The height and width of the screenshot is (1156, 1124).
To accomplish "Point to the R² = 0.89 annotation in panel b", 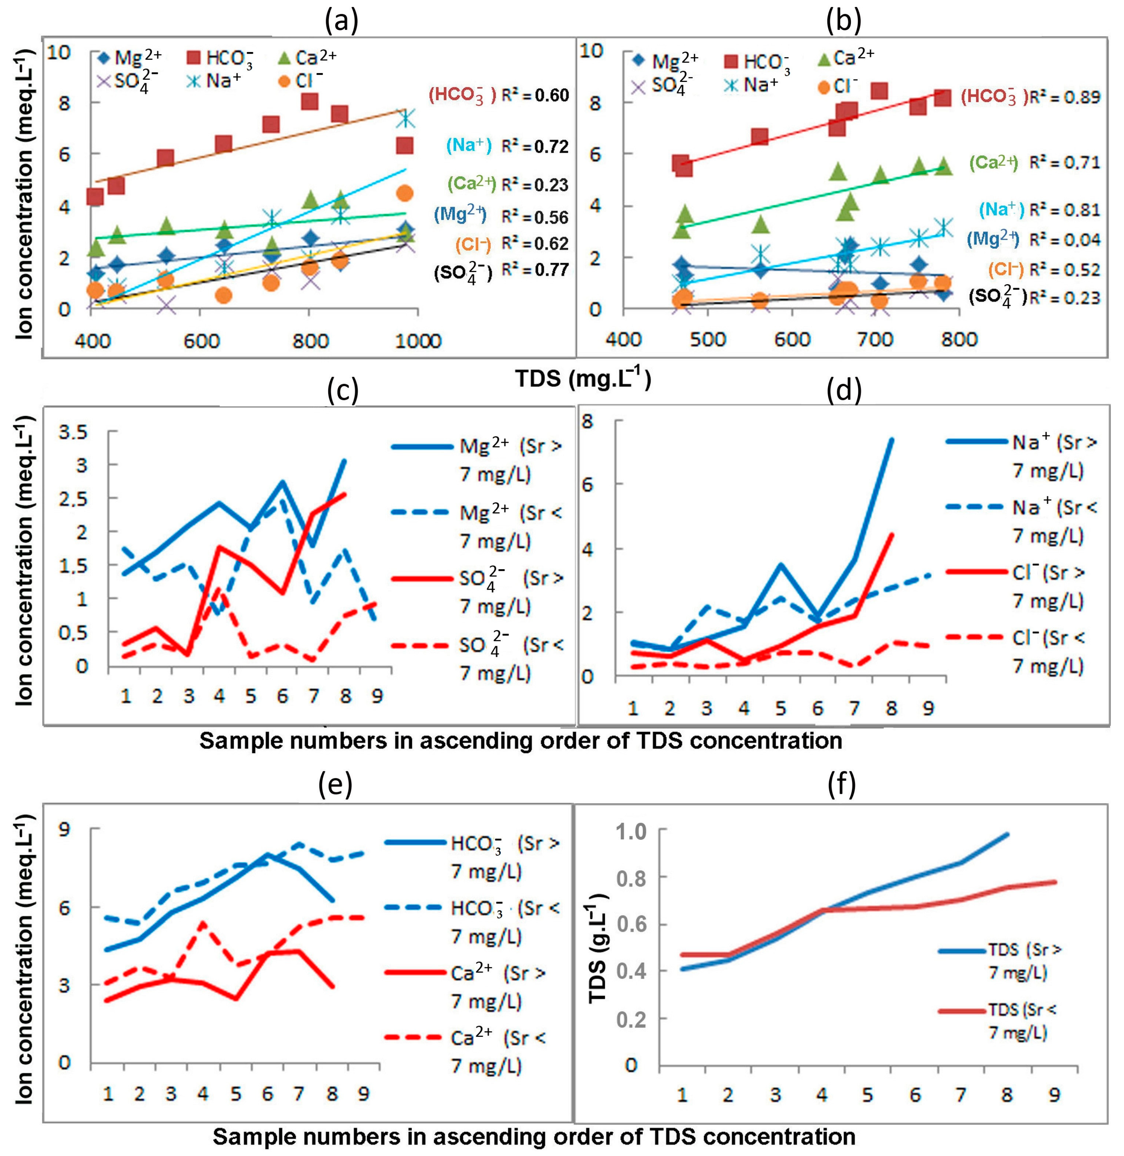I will tap(1064, 97).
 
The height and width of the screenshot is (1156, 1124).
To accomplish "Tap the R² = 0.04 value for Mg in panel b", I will tap(1064, 240).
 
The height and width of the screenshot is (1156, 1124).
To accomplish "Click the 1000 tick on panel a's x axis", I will tap(419, 341).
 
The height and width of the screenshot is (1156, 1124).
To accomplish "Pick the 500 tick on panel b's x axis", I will tap(708, 339).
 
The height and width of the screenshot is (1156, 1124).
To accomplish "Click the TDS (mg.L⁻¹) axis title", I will tap(583, 378).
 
